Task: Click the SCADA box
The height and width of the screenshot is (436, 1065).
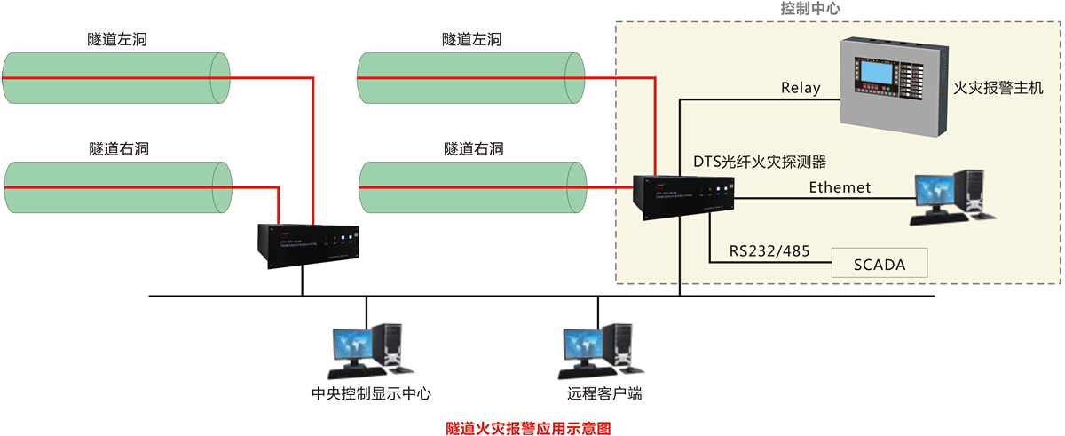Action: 880,264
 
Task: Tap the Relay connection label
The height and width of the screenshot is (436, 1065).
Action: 801,88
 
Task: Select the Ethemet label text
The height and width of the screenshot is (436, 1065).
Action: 840,187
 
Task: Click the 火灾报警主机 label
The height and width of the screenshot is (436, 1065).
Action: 998,88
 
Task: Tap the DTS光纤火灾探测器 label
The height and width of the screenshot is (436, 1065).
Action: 760,162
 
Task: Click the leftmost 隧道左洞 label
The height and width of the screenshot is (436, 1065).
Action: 116,39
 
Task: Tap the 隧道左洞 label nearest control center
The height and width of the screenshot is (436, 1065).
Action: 472,39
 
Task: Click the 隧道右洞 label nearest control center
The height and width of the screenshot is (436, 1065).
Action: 473,148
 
